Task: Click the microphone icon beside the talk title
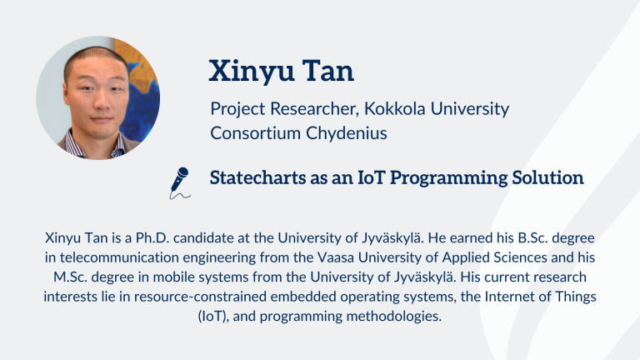(180, 182)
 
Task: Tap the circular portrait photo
(98, 98)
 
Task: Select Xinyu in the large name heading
(252, 72)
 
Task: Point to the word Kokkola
(394, 108)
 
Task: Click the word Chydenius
(347, 133)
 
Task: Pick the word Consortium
(256, 133)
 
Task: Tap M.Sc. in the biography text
(70, 277)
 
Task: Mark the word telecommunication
(119, 257)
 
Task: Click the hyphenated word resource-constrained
(200, 297)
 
